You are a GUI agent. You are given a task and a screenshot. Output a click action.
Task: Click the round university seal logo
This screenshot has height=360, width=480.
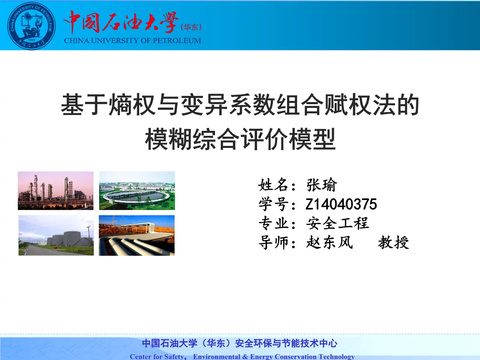(x=31, y=26)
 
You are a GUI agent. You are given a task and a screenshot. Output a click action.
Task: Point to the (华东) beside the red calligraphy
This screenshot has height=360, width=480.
(x=191, y=27)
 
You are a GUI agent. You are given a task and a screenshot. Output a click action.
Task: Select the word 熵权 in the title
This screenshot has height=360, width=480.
(x=132, y=105)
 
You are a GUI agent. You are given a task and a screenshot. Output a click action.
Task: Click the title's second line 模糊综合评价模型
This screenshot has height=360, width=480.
(x=240, y=139)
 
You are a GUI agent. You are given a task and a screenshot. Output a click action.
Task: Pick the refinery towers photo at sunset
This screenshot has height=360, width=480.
(x=55, y=190)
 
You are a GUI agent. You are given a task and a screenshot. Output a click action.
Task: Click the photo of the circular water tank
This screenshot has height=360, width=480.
(x=137, y=190)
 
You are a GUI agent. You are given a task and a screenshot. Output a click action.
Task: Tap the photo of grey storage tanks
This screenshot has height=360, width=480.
(x=56, y=235)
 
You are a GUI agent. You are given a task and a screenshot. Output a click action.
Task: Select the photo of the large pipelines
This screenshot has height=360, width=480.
(x=137, y=235)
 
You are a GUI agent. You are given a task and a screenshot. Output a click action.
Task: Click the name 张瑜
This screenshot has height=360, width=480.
(x=321, y=185)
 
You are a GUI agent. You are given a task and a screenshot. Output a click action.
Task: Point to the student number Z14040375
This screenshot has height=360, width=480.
(x=341, y=204)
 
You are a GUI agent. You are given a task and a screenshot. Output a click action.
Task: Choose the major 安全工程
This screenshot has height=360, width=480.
(x=337, y=223)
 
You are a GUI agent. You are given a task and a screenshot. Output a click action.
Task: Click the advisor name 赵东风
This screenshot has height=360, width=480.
(x=330, y=242)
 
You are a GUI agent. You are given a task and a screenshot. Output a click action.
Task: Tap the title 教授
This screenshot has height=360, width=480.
(x=393, y=242)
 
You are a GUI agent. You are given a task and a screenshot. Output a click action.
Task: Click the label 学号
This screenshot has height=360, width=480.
(x=273, y=204)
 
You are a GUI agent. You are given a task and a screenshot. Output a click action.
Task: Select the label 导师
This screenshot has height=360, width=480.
(x=273, y=242)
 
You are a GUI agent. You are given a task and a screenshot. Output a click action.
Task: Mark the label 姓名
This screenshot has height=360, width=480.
(x=273, y=185)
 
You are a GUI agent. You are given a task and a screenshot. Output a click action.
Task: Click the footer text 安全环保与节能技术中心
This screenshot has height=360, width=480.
(x=286, y=343)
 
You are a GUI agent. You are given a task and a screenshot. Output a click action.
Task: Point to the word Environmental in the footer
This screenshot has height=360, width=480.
(x=216, y=357)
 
